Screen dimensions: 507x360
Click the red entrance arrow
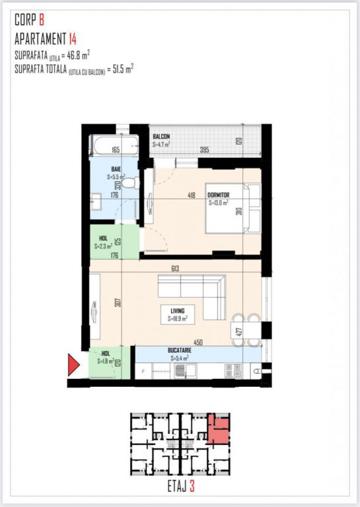[73, 364]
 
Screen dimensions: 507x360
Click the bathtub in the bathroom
[114, 145]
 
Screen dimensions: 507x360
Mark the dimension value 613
[175, 268]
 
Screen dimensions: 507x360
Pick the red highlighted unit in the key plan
[218, 430]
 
